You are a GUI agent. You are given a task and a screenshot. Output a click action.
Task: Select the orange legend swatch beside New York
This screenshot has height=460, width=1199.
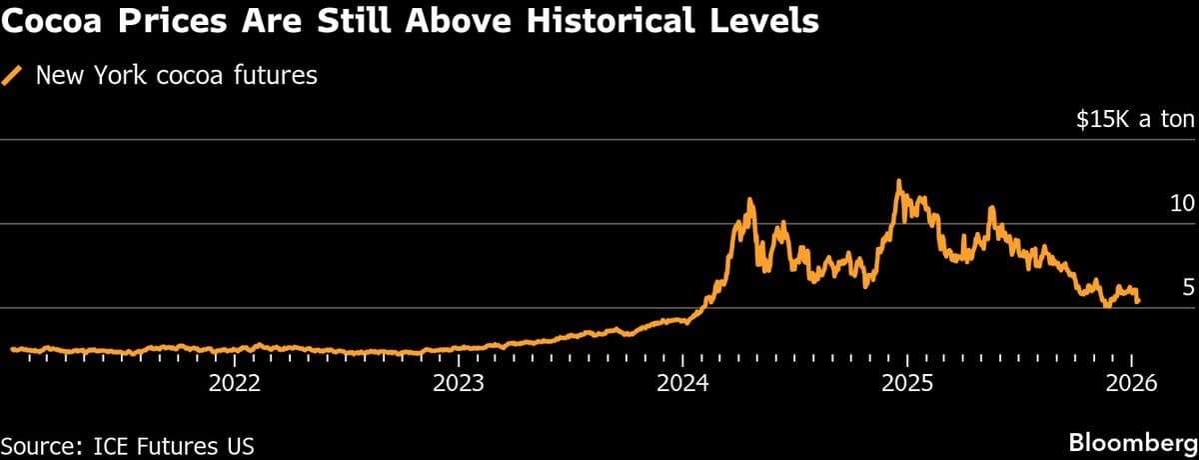(13, 75)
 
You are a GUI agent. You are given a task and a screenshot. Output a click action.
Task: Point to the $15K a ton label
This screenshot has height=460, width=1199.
(1135, 121)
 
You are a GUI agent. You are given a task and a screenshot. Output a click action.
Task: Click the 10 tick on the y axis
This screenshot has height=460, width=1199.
(1182, 204)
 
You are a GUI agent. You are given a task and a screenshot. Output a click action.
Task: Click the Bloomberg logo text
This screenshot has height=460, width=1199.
(1133, 442)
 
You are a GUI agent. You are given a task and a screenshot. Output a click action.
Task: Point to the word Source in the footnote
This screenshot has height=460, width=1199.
(36, 442)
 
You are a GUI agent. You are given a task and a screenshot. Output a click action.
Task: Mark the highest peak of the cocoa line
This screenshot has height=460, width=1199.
(899, 181)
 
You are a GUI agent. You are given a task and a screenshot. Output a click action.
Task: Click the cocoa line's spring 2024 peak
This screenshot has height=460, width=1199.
(750, 199)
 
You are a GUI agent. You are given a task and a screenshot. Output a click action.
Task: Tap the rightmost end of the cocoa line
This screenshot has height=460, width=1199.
(1138, 301)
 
